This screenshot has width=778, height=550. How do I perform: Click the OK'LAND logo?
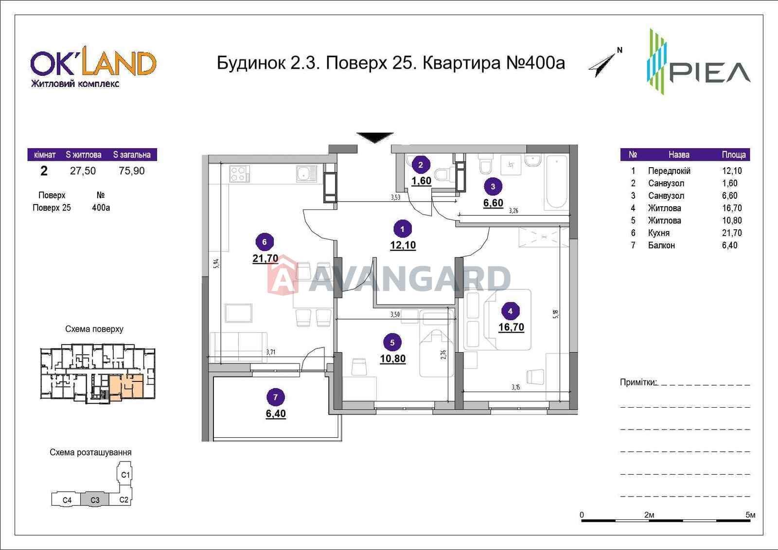pos(93,69)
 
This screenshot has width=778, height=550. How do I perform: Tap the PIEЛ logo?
pos(698,62)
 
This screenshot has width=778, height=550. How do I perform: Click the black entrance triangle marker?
pos(375,137)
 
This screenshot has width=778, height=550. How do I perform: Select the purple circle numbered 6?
pos(265,241)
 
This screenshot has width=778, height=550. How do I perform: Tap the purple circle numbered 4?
pos(510,311)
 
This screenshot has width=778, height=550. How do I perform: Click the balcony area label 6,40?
pos(276,413)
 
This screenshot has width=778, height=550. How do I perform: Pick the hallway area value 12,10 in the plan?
pos(403,245)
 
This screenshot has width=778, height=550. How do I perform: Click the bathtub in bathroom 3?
pos(557,182)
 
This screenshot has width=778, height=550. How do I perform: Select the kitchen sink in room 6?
pos(306,173)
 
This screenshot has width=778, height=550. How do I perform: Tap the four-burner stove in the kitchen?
pos(239,173)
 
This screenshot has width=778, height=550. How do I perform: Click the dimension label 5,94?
pos(216,264)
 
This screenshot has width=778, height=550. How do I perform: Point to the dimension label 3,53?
pos(396,197)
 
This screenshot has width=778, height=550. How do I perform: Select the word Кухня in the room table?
pos(659,233)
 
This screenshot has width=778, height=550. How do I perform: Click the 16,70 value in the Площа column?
pos(732,208)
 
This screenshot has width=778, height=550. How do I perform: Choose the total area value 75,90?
pos(132,171)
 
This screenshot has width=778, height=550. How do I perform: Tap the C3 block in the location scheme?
pos(95,500)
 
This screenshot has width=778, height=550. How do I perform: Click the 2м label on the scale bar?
pos(649,515)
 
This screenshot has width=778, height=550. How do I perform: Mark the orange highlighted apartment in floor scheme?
pos(126,387)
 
